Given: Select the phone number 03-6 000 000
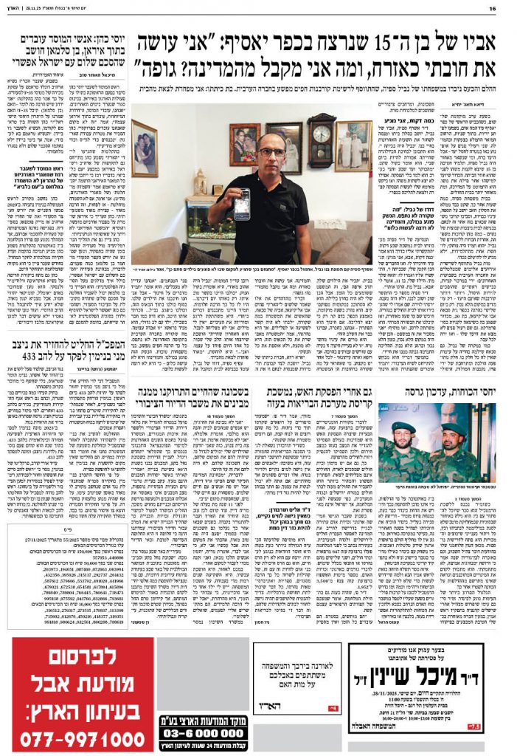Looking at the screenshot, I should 203,733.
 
